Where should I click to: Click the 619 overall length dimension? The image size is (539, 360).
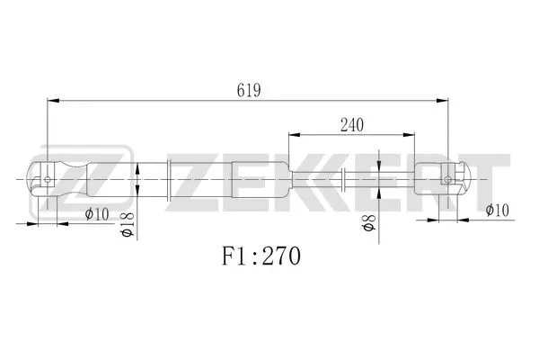tap(249, 90)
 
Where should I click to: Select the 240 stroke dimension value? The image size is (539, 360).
tap(351, 125)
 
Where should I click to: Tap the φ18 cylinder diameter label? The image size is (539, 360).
tap(128, 225)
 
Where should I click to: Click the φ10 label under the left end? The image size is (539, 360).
tap(96, 214)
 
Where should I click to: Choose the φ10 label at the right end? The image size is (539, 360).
tap(498, 211)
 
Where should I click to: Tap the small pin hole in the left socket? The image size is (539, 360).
tap(47, 179)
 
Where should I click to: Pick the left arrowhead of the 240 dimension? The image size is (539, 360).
tap(293, 133)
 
